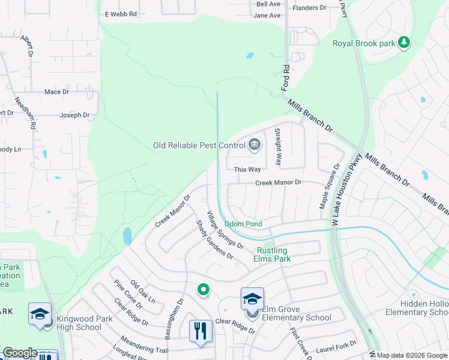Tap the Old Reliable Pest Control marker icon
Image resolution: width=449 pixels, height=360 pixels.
[255, 145]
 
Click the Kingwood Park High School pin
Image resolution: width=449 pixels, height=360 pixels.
[40, 314]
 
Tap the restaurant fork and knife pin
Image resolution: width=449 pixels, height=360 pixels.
[200, 331]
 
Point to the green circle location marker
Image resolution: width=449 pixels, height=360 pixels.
[203, 290]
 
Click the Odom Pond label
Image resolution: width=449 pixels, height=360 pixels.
[243, 224]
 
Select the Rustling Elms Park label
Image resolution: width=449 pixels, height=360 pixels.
[272, 254]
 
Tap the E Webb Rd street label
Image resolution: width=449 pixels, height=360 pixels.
[121, 14]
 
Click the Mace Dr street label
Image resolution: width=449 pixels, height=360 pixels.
[57, 92]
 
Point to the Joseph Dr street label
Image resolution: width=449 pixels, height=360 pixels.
[74, 115]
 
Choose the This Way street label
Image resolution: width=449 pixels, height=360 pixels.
[247, 170]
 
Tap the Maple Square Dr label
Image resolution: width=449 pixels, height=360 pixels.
[329, 187]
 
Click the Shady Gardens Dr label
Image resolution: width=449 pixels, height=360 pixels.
[214, 239]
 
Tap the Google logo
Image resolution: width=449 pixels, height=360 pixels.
[20, 353]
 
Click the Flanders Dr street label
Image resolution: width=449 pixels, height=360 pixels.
[309, 8]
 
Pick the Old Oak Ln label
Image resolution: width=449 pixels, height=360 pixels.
[143, 292]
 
